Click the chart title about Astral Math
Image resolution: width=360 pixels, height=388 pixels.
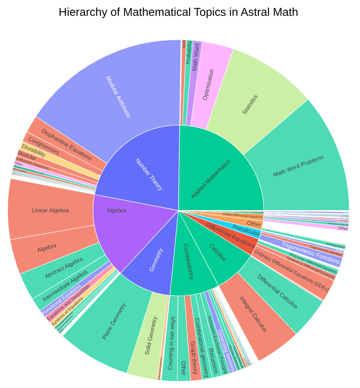click(x=178, y=12)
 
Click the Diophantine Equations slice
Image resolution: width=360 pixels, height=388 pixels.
click(x=67, y=144)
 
